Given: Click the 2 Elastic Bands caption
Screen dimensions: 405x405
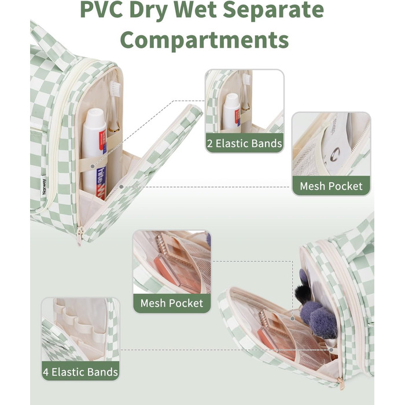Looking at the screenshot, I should click(245, 143).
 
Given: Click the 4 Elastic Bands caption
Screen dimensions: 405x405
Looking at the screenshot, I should click(80, 371).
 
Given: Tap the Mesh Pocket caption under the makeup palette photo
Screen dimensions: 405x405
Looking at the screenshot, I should click(172, 303).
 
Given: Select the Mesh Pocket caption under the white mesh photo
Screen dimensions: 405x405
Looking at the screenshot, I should click(331, 186).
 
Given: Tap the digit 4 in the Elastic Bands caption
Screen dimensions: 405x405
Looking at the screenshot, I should click(46, 371).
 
